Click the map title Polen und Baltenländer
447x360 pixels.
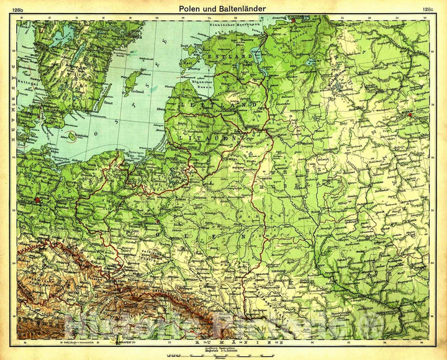pyautogui.click(x=223, y=9)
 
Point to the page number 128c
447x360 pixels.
pyautogui.click(x=427, y=9)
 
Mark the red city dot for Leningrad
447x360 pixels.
pyautogui.click(x=292, y=20)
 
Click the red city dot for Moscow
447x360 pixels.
pyautogui.click(x=410, y=114)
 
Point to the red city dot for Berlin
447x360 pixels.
pyautogui.click(x=38, y=200)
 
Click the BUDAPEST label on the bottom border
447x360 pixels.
pyautogui.click(x=124, y=342)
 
